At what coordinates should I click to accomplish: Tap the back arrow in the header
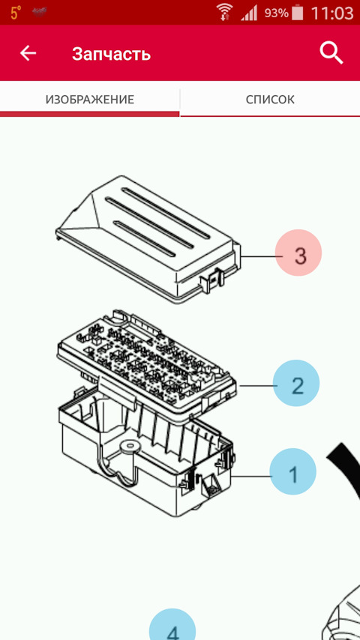[x=28, y=53]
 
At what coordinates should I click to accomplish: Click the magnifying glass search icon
[x=331, y=53]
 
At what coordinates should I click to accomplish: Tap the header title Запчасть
[x=112, y=54]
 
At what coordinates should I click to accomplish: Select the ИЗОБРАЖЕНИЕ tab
[x=90, y=99]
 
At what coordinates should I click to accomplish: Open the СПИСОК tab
[x=270, y=100]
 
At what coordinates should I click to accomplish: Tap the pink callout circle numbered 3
[x=298, y=253]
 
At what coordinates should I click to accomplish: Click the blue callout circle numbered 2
[x=296, y=383]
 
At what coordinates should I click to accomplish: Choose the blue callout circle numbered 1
[x=293, y=472]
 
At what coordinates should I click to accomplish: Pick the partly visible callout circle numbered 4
[x=172, y=625]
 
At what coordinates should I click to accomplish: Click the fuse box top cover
[x=147, y=239]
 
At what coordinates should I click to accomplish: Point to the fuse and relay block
[x=147, y=361]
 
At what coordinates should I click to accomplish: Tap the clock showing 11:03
[x=331, y=13]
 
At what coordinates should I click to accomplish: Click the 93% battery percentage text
[x=276, y=13]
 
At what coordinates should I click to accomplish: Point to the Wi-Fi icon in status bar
[x=224, y=12]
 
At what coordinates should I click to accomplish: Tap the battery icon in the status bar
[x=298, y=13]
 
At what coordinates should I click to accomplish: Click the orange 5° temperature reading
[x=16, y=13]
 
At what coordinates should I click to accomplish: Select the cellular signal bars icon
[x=249, y=13]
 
